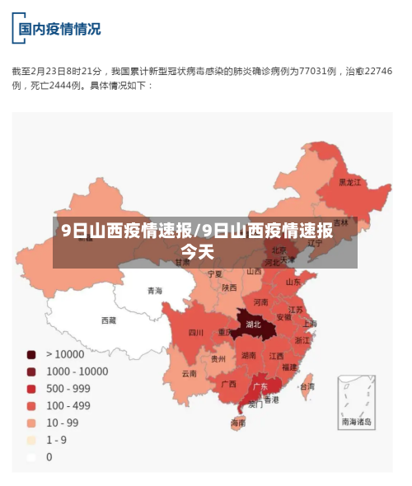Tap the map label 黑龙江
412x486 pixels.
point(351,182)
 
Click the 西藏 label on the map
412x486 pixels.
point(109,320)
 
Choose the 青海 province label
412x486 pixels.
point(155,291)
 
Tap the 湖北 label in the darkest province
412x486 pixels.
point(254,325)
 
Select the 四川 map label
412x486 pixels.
point(195,333)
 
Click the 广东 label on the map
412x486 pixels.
point(260,386)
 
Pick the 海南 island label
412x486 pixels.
point(238,423)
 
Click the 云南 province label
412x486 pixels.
point(190,373)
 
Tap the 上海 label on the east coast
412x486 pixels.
point(310,324)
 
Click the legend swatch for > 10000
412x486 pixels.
point(31,355)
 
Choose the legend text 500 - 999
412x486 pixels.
point(68,389)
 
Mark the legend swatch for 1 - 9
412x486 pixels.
point(31,440)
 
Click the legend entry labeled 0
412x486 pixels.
point(49,456)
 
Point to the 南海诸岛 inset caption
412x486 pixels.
point(357,422)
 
